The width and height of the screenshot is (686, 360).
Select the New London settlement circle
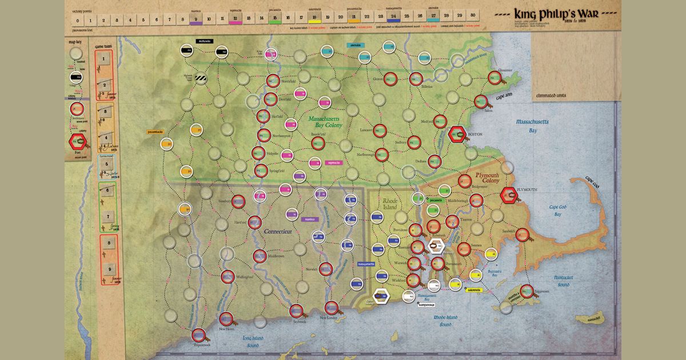point(332,308)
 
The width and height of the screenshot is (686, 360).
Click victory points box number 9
point(196,19)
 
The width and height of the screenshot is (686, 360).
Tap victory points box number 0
point(77,20)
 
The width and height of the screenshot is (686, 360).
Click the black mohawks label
point(204,41)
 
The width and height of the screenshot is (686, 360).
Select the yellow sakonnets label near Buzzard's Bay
point(474,290)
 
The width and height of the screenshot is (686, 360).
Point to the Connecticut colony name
point(279,232)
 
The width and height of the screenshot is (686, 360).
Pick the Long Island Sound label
point(245,343)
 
